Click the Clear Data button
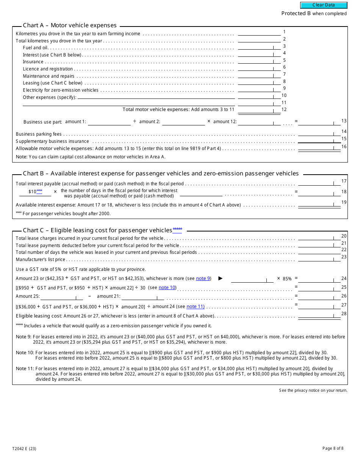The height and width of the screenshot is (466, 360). click(324, 5)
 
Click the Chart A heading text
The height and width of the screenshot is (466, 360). click(70, 25)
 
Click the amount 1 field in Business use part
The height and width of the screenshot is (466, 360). click(109, 122)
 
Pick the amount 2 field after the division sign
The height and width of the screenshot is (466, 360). click(183, 122)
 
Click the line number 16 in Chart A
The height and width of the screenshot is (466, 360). click(344, 147)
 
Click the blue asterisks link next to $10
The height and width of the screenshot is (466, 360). click(39, 191)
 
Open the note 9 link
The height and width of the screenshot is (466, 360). click(203, 278)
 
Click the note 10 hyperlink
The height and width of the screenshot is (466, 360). click(167, 288)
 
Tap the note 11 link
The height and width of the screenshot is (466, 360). click(195, 306)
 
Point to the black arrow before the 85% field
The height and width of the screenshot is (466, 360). click(221, 278)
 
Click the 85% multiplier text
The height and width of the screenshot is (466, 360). click(287, 279)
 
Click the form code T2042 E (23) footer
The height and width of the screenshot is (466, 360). click(24, 449)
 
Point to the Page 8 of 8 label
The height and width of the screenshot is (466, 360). click(333, 449)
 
